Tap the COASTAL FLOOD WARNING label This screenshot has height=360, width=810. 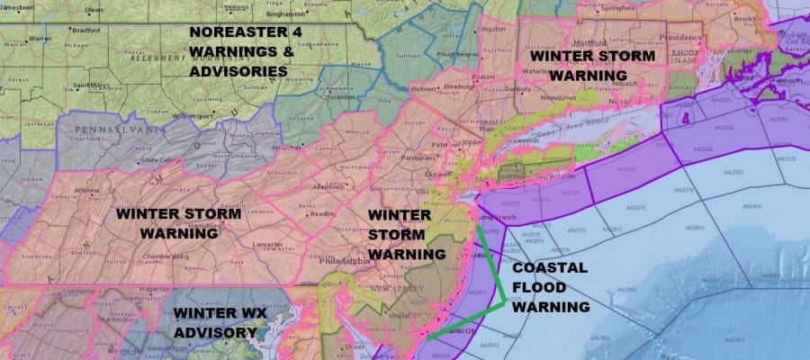tap(550, 287)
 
